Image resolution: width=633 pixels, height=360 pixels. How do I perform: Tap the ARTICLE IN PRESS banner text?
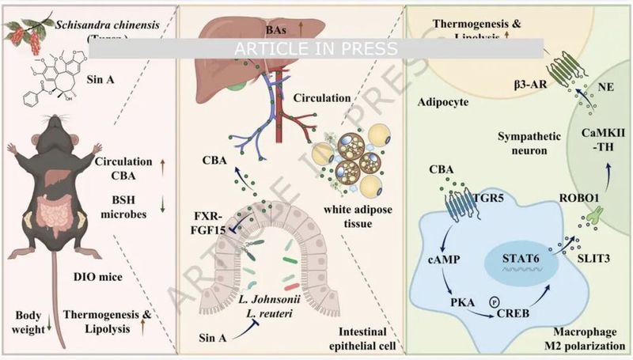pos(321,48)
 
